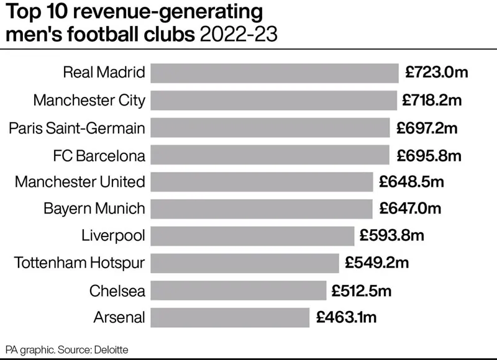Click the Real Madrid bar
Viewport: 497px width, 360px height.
point(274,73)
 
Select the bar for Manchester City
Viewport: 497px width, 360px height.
point(273,100)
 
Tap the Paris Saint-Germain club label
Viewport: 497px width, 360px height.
point(77,127)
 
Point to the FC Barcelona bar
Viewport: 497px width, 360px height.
point(269,155)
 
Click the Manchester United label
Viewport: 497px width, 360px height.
point(80,182)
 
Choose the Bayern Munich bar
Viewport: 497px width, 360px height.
point(262,209)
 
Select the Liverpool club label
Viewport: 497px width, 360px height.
point(113,236)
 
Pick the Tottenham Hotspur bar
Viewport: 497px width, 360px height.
point(245,263)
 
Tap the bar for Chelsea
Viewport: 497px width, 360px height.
point(239,290)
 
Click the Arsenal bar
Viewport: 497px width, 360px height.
point(230,317)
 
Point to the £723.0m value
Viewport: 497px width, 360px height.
point(436,73)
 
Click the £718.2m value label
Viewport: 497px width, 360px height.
point(433,100)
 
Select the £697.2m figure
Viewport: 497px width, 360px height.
point(427,127)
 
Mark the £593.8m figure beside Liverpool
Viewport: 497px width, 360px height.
point(392,236)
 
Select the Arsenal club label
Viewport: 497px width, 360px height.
point(119,317)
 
